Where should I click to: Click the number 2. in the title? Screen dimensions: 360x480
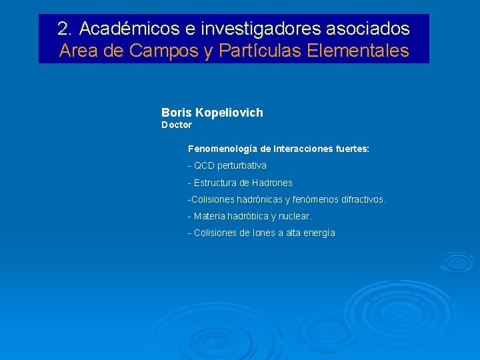[65, 29]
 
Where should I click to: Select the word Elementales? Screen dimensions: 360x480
[359, 51]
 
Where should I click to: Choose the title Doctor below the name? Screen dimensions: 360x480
[177, 125]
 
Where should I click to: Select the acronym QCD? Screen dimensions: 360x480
[204, 165]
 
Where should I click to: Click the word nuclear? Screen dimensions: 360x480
[297, 216]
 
